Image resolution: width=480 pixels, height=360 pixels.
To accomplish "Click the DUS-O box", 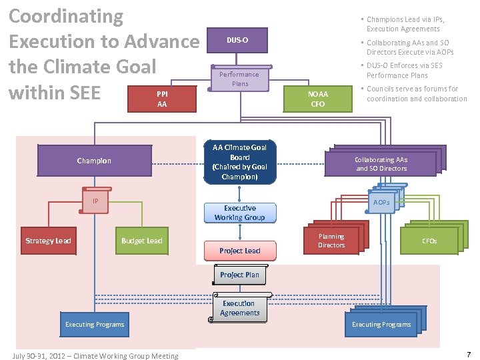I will (x=237, y=41).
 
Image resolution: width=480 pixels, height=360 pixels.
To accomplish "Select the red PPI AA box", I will (x=162, y=99).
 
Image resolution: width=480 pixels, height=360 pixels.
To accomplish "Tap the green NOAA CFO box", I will (x=318, y=99).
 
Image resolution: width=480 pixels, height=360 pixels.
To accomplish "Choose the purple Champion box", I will (x=94, y=161).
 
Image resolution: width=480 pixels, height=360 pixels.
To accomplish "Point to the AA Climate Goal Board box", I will (x=239, y=162).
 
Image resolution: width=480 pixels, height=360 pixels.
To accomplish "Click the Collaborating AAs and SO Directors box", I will (x=381, y=164).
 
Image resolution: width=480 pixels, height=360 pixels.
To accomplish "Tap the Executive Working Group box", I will (x=239, y=213).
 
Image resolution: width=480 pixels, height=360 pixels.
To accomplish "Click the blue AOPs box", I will (x=381, y=203).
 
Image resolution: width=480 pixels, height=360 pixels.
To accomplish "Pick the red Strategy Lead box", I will (x=48, y=241).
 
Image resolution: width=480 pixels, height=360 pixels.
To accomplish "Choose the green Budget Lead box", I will (x=141, y=241).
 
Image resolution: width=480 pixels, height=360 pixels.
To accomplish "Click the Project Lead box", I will (x=239, y=251).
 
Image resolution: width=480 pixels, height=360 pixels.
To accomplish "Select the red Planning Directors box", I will (x=331, y=241).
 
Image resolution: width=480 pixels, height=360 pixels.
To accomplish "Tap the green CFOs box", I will (x=429, y=241).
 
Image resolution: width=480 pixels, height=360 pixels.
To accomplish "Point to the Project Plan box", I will (x=239, y=275).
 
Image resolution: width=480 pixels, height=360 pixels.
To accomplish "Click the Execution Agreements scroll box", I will (x=239, y=308).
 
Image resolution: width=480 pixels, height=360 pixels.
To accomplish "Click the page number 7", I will (x=469, y=355).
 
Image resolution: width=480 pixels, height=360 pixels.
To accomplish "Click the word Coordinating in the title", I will (x=65, y=16).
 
